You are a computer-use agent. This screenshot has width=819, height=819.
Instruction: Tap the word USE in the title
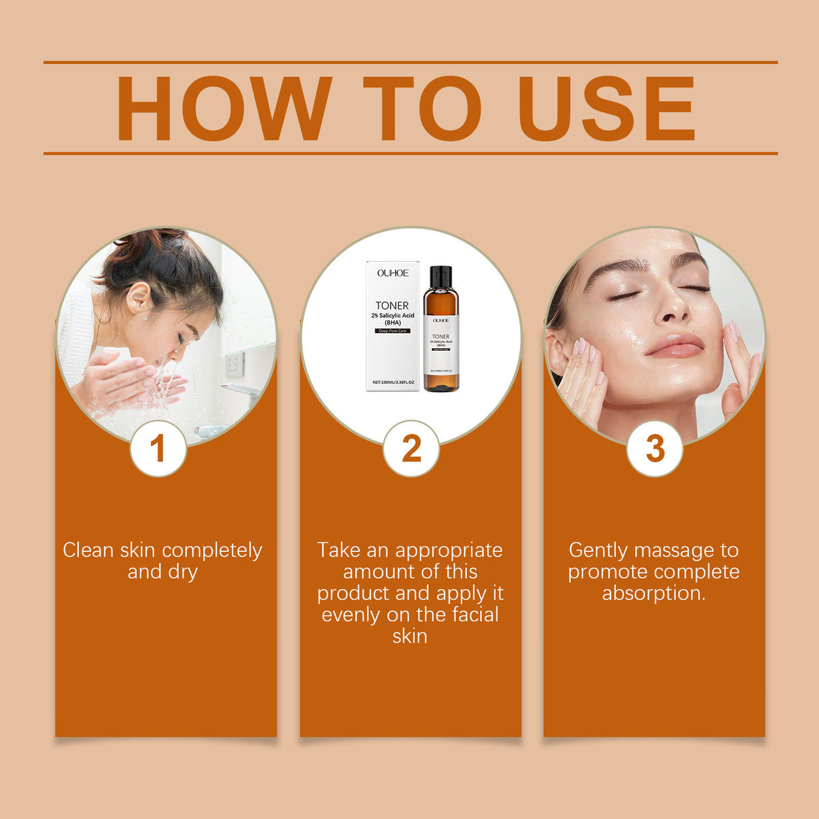click(x=606, y=108)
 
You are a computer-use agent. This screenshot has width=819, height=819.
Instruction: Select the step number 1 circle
click(x=158, y=449)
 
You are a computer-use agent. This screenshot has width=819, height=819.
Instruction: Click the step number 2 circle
click(x=411, y=449)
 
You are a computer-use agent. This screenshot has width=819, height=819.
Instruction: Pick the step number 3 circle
click(x=654, y=449)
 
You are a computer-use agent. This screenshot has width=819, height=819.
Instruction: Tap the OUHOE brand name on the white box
click(x=393, y=273)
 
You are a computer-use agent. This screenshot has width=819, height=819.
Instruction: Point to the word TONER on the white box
click(x=392, y=306)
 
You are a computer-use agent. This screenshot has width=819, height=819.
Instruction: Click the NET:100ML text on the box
click(x=383, y=383)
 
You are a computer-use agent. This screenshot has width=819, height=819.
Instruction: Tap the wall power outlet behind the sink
click(x=234, y=364)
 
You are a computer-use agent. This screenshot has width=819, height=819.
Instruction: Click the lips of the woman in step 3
click(x=675, y=345)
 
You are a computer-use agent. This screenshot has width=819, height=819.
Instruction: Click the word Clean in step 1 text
click(x=88, y=550)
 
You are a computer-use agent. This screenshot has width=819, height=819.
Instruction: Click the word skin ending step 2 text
click(x=409, y=636)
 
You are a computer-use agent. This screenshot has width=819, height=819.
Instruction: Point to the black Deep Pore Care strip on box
click(x=393, y=331)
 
